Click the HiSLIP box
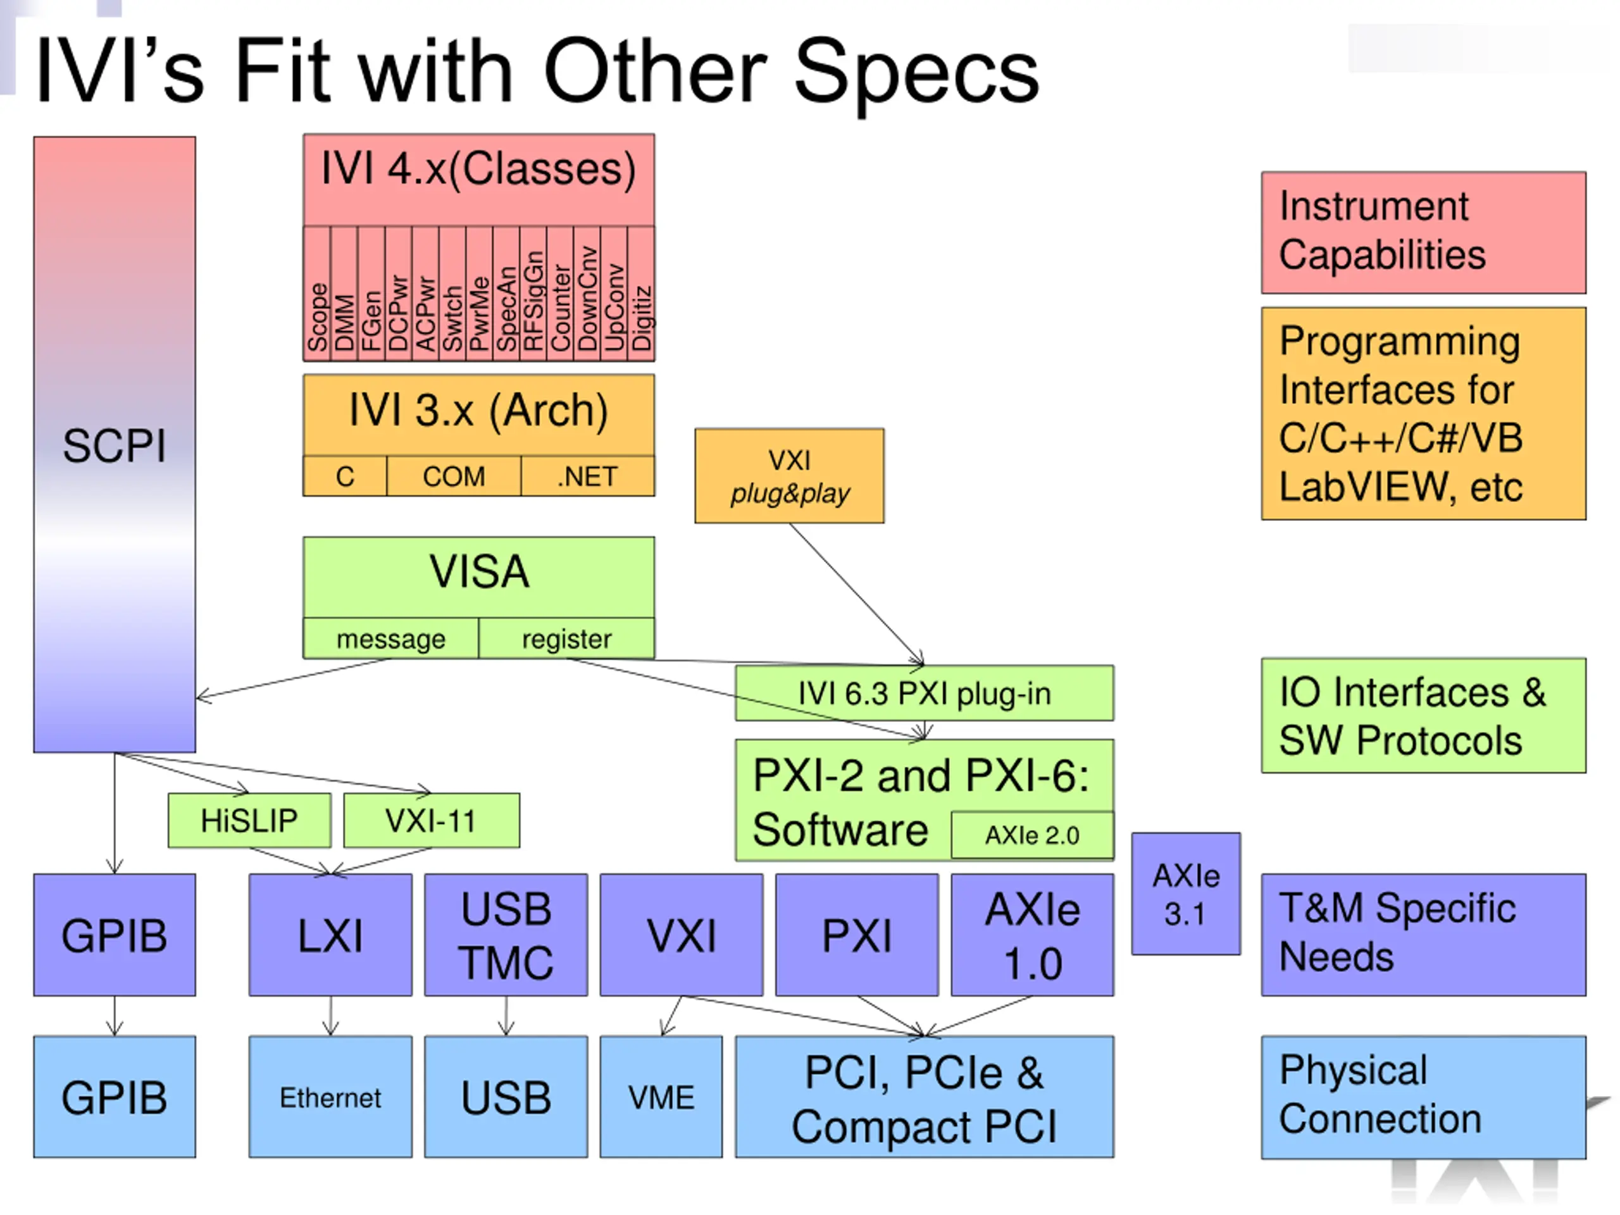click(x=249, y=820)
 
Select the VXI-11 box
click(x=432, y=820)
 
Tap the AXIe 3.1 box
click(x=1186, y=894)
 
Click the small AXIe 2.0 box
click(x=1032, y=835)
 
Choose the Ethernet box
click(x=330, y=1097)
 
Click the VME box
click(x=661, y=1097)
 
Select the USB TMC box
click(x=506, y=935)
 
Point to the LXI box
click(x=330, y=935)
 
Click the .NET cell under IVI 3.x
click(x=588, y=476)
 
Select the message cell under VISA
click(x=391, y=639)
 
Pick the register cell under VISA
click(x=567, y=639)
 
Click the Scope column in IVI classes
click(x=317, y=293)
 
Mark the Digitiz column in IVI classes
click(x=642, y=293)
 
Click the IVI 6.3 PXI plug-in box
click(x=925, y=693)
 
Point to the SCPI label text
click(x=115, y=445)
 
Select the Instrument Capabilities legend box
click(x=1424, y=233)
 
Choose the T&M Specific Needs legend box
click(x=1424, y=935)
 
